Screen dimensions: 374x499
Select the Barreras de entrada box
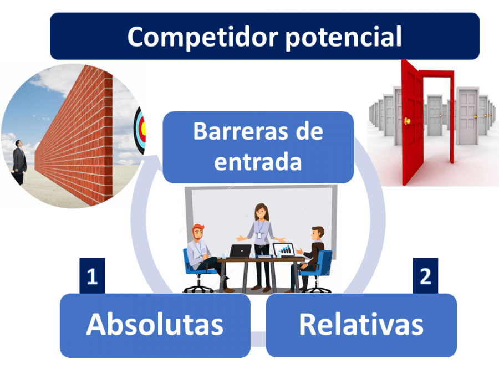[x=258, y=147]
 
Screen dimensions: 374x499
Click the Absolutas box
[x=155, y=325]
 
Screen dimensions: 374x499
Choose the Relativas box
[x=361, y=325]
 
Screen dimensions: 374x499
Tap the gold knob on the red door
[x=406, y=121]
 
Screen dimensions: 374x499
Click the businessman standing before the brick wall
[x=19, y=161]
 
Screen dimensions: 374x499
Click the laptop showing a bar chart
[x=284, y=250]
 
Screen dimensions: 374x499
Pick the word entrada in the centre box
[x=258, y=162]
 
